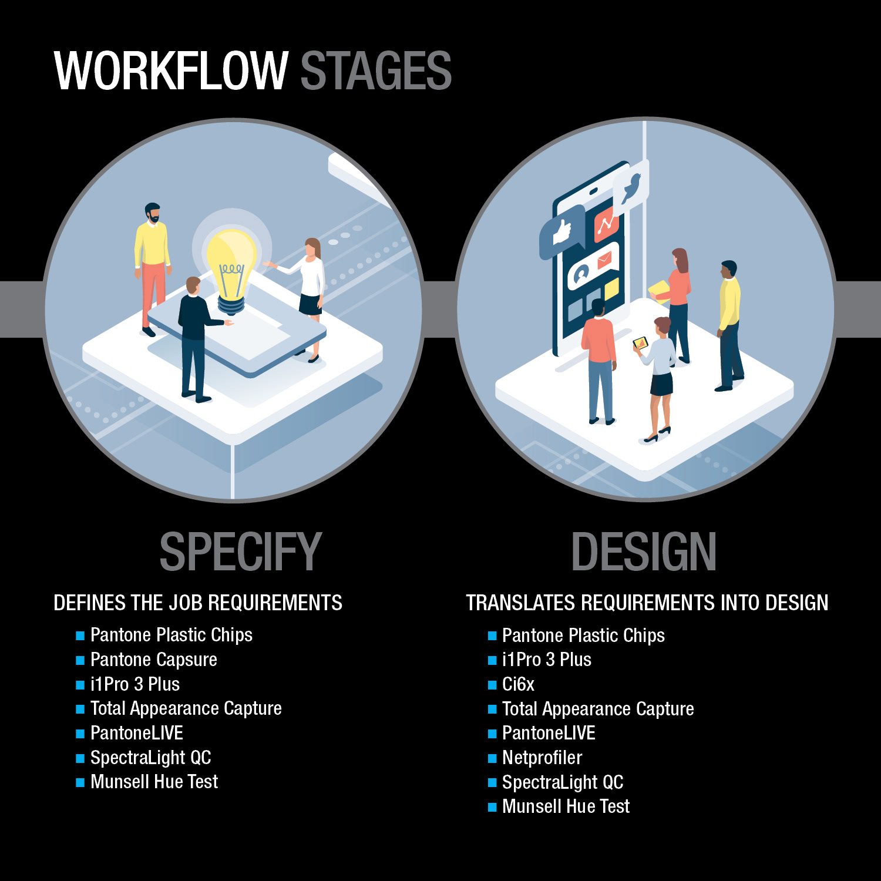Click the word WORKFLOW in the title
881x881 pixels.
(170, 70)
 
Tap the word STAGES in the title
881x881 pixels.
(376, 70)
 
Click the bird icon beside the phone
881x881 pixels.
(631, 187)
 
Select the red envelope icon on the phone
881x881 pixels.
(604, 260)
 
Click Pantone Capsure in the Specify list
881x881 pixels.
(153, 660)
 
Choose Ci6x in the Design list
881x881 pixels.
(518, 684)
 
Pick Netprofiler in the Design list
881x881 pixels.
(542, 758)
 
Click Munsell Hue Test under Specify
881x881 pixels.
(154, 782)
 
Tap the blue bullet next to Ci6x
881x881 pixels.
(492, 685)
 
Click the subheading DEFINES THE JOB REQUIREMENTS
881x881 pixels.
(198, 603)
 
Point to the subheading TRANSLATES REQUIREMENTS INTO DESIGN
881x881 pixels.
(647, 603)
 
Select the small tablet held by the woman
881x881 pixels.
(640, 342)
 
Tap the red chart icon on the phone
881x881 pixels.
(606, 224)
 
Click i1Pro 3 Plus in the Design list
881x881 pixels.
(546, 660)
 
